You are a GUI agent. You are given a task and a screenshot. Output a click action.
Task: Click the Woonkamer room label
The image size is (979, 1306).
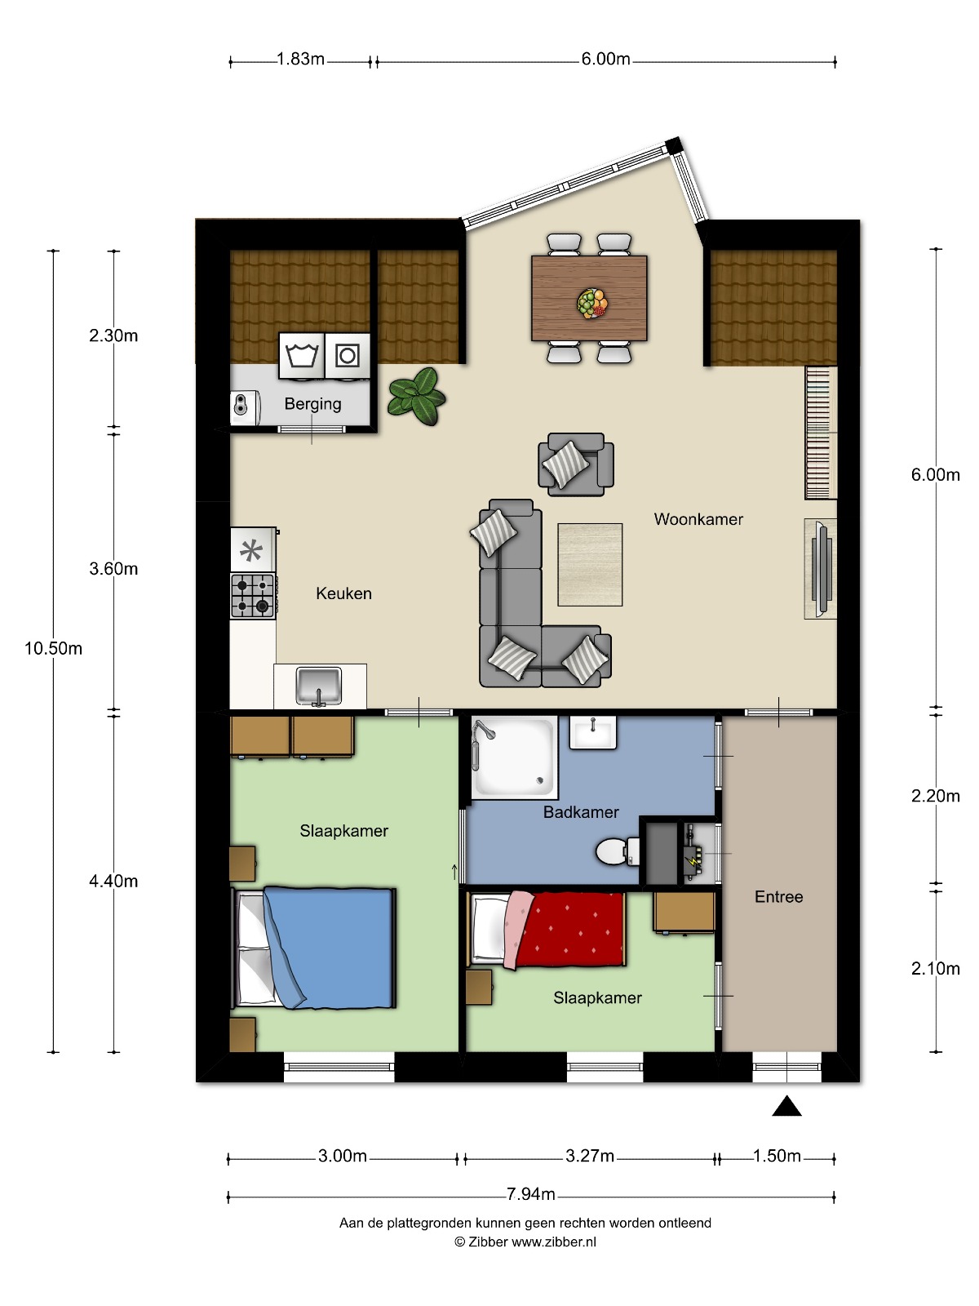coord(698,519)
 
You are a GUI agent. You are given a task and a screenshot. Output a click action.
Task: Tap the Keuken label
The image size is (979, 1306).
coord(343,593)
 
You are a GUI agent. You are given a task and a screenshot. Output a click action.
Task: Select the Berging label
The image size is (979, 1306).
coord(312,404)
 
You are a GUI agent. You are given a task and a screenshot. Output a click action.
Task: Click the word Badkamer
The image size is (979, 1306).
coord(581,812)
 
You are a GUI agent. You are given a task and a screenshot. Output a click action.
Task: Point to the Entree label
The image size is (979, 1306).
coord(778,896)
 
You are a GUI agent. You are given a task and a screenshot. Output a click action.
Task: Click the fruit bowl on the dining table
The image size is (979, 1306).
coord(592,303)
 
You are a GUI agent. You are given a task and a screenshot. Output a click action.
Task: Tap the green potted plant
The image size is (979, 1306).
coord(417,396)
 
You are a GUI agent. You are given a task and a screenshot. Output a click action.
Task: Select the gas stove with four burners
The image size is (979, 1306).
coord(253,595)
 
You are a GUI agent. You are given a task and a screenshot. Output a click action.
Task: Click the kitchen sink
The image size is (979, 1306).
coord(319,686)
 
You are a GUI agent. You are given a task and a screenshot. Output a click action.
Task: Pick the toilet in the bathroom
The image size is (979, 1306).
coord(618,852)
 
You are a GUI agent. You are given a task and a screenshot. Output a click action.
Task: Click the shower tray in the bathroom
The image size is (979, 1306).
coord(514,757)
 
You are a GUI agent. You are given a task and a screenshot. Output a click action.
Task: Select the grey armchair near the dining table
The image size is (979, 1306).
coord(575,464)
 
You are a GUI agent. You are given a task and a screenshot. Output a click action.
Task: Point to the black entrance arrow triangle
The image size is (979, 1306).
coord(787,1105)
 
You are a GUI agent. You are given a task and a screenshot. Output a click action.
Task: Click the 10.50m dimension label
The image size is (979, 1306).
coord(53,649)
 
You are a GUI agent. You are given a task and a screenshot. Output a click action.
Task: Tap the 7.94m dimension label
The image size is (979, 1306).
coord(531,1193)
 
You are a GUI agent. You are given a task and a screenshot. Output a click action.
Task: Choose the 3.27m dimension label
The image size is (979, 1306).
coord(590,1156)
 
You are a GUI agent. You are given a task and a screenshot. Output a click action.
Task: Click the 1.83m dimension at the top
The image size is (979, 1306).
coord(300,59)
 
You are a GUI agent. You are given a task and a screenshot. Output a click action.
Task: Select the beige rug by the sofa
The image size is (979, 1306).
coord(590,565)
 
